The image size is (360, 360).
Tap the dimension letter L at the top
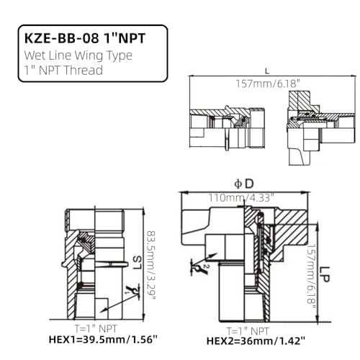(x=268, y=70)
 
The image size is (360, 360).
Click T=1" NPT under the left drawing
(x=86, y=326)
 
